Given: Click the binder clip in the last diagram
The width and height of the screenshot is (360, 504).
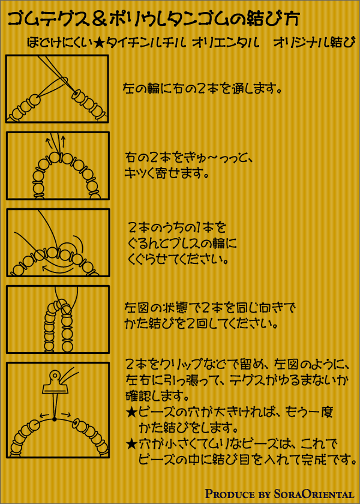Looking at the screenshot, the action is click(x=55, y=384).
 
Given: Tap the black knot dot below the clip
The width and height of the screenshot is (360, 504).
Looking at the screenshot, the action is click(x=55, y=419).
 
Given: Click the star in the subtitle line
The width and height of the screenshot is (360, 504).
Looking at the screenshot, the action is click(x=97, y=43).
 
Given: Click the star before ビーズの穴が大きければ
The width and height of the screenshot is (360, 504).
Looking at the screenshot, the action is click(x=131, y=411).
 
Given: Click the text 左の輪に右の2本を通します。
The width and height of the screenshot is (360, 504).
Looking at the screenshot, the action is click(x=202, y=88).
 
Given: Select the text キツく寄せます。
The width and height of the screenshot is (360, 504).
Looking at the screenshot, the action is click(x=166, y=174).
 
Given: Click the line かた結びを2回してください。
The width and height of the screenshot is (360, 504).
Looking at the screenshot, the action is click(x=201, y=324).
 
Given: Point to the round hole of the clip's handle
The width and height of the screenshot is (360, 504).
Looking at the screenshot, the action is click(x=55, y=374).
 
